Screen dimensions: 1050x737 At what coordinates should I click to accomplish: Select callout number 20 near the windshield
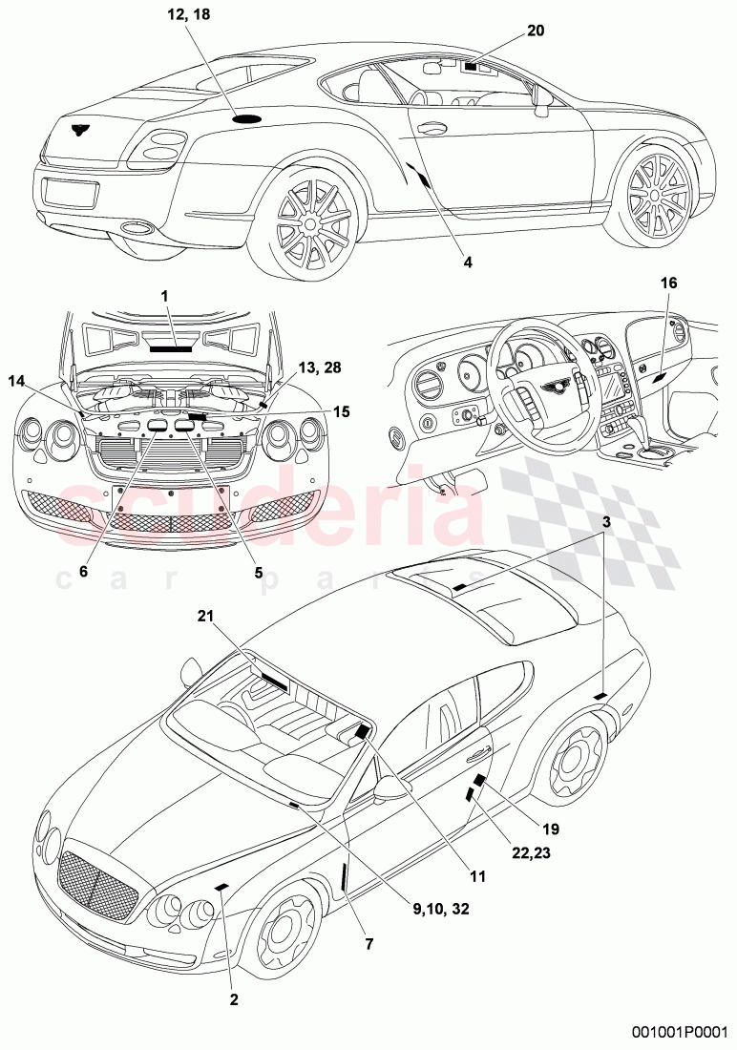coord(536,31)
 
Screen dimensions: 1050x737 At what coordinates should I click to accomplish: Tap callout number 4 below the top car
coord(467,260)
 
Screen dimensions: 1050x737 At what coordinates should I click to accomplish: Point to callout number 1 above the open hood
coord(164,297)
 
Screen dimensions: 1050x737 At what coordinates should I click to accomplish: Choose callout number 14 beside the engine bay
coord(18,381)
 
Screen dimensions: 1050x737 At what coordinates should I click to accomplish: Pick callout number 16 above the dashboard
coord(667,283)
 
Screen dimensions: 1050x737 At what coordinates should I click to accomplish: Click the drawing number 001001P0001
coord(682,1032)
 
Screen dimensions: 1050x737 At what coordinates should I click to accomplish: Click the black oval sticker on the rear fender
coord(248,118)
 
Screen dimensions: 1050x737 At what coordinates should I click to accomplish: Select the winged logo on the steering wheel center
coord(551,385)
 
